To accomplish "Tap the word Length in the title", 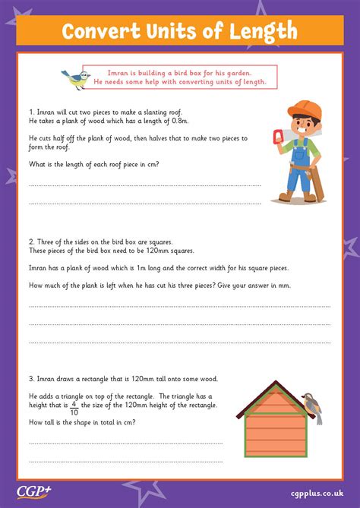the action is (261, 31).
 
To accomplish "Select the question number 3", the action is (31, 377).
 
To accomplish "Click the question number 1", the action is (31, 112).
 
